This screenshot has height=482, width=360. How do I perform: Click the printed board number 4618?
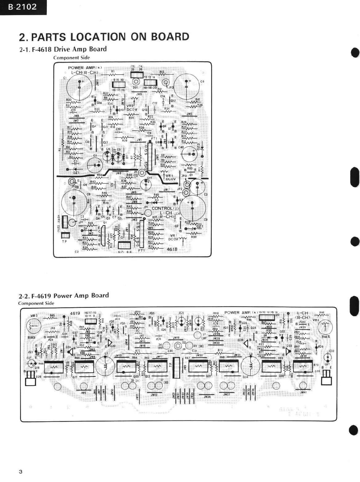point(172,249)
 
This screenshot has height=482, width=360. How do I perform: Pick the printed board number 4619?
point(75,313)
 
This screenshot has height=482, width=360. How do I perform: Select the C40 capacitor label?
point(181,147)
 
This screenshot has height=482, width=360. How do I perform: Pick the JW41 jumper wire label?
point(303,392)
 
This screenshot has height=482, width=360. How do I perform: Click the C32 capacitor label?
point(331,351)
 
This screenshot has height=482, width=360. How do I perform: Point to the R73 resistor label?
point(220,350)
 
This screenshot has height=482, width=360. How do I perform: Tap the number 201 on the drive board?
point(135,88)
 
